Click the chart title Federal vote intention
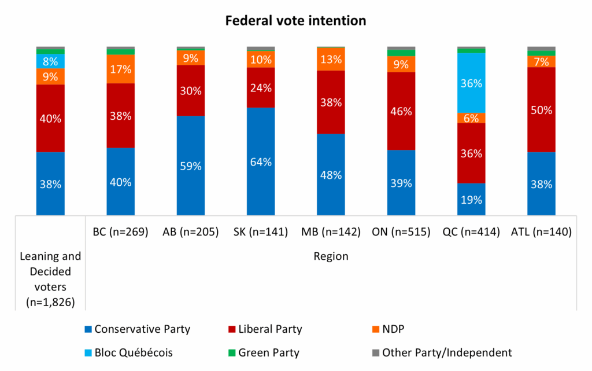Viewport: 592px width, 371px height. [295, 21]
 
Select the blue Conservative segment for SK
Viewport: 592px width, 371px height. [261, 161]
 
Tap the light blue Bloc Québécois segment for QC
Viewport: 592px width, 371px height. [471, 83]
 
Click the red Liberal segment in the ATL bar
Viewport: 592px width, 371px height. [541, 110]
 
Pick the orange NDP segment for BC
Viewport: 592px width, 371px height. [121, 69]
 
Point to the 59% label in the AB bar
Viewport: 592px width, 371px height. [191, 166]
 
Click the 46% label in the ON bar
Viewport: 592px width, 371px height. [401, 111]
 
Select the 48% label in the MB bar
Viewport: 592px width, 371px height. [331, 175]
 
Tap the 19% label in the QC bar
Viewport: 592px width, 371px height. [471, 199]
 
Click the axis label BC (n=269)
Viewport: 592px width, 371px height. [121, 232]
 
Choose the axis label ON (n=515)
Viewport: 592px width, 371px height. [401, 232]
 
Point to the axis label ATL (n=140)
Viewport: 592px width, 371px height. [541, 232]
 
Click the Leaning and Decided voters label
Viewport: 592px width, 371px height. [50, 278]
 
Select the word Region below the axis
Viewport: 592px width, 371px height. [331, 256]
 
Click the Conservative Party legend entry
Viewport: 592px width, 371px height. [136, 329]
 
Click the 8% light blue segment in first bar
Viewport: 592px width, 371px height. [50, 61]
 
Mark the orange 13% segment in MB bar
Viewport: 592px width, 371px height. [331, 59]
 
